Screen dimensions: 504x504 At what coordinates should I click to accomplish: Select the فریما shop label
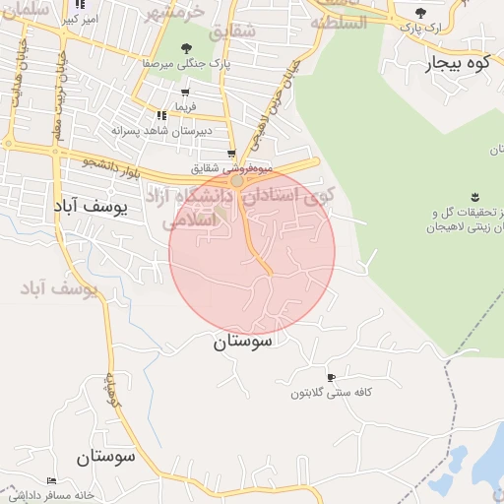coord(186,105)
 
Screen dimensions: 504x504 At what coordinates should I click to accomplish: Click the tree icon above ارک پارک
coord(421,13)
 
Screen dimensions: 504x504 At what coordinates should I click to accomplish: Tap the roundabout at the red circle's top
coord(236,181)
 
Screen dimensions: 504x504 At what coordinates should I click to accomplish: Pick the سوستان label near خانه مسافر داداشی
coord(104,457)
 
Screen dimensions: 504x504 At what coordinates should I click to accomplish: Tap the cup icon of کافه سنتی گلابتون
coord(331,377)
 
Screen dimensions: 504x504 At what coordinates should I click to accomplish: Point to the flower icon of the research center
coord(475,197)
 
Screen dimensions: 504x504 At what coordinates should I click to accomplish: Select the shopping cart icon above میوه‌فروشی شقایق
coord(231,154)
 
